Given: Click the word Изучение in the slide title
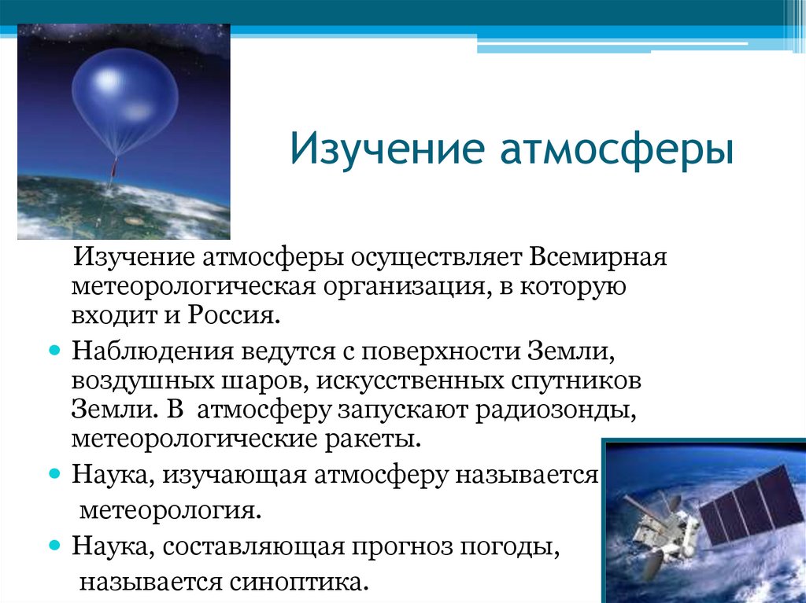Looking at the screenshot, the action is pyautogui.click(x=387, y=149).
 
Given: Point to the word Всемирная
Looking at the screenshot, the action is pyautogui.click(x=598, y=256).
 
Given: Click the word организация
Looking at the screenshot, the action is pyautogui.click(x=405, y=287).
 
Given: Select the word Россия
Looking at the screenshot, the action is pyautogui.click(x=234, y=314).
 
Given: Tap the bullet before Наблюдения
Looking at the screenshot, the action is pyautogui.click(x=55, y=351).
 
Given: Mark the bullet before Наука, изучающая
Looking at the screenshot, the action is pyautogui.click(x=55, y=473).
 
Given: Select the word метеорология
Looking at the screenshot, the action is pyautogui.click(x=171, y=510).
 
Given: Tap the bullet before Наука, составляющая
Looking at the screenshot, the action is pyautogui.click(x=55, y=545).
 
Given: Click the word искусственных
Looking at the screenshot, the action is pyautogui.click(x=409, y=381).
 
